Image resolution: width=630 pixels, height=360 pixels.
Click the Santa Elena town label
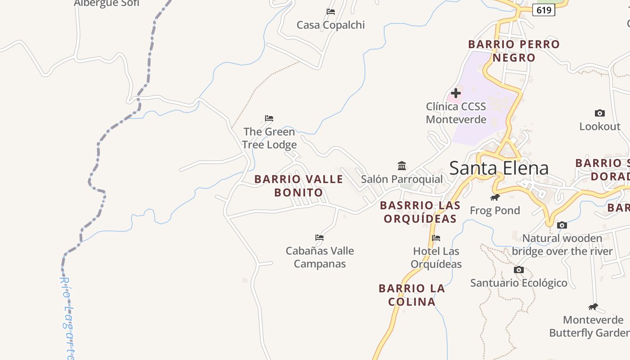point(499,168)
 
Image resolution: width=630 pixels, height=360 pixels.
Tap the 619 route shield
point(544,10)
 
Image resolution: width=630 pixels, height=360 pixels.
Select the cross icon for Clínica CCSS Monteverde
point(456,93)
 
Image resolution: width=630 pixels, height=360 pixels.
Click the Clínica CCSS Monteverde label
point(456,113)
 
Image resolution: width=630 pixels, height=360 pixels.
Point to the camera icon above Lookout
point(599,113)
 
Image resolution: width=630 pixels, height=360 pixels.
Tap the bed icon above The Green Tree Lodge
point(269,118)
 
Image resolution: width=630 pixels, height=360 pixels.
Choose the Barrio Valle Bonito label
point(299,186)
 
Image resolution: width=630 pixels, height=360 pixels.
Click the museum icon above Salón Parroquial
point(402,166)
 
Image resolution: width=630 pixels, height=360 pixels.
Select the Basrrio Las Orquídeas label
point(420,212)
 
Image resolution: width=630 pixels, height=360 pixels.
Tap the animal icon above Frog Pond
point(495,197)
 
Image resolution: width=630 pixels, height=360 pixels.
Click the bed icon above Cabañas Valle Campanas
point(319,237)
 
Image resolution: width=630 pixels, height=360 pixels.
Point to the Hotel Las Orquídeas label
point(436,257)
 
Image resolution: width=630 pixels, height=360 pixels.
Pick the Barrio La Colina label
point(412,295)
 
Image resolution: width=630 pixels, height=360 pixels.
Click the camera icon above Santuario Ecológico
point(519,270)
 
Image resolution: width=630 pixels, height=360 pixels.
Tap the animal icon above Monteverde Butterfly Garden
point(593,307)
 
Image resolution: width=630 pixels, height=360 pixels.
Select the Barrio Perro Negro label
point(513,51)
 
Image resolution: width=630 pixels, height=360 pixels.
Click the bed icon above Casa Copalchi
point(331,12)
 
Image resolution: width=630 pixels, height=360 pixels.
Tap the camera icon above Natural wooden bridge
point(562,225)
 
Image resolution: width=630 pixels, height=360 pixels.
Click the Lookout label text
point(599,126)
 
